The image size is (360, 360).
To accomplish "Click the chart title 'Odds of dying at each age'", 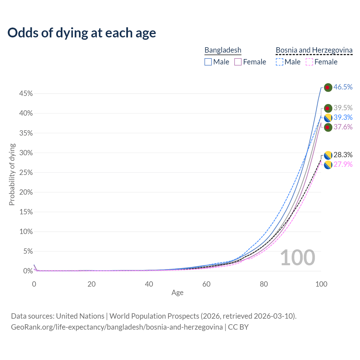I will pos(82,33).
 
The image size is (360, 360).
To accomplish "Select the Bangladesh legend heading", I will pos(223,50).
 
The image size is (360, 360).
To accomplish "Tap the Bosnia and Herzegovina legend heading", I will pos(314,50).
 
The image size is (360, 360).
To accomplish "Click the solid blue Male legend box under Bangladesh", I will pos(208,62).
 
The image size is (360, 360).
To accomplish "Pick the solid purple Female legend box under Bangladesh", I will pos(238,62).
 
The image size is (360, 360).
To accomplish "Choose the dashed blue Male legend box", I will pos(279,62).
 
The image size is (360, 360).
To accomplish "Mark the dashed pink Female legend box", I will pos(309,62).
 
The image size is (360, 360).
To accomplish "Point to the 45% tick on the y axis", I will pos(26,94).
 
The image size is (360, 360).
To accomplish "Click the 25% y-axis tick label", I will pos(26,172).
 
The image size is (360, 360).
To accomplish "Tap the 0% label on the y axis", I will pos(28,271).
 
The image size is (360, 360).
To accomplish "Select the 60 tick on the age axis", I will pos(206,284).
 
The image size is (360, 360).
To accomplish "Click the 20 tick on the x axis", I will pos(91,284).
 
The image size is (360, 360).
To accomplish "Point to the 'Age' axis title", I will pos(177,292).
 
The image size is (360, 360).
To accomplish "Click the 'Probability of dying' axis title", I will pos(12,174).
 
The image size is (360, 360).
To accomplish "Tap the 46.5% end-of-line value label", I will pos(343,87).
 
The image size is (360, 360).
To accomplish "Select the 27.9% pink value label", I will pos(343,164).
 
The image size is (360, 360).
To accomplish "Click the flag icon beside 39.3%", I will pos(328,118).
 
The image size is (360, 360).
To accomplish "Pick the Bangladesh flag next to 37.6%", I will pos(328,127).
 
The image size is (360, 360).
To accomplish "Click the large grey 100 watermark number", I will pos(298,258).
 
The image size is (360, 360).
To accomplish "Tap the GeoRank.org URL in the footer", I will pos(117,327).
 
